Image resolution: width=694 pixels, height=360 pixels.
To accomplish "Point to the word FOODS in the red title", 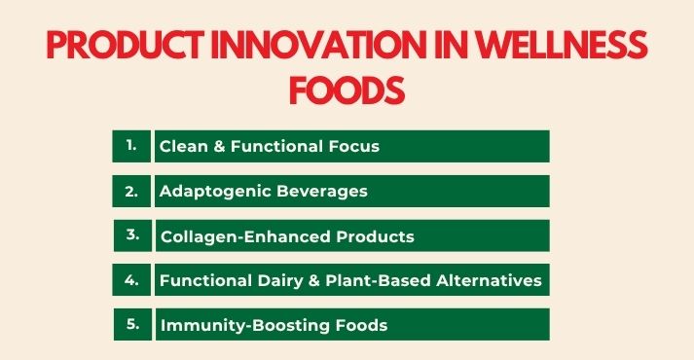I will click(347, 91).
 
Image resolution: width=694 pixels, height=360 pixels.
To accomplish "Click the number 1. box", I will click(131, 146).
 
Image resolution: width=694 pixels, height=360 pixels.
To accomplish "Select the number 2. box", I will click(131, 191).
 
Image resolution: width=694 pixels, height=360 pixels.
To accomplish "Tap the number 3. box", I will click(131, 235).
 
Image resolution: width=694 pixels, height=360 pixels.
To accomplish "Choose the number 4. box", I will click(131, 280).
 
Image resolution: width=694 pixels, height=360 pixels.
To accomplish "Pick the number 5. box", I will click(131, 324).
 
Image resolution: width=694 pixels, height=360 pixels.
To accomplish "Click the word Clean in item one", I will click(183, 147).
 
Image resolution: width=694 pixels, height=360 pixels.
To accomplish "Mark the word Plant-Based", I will click(375, 280).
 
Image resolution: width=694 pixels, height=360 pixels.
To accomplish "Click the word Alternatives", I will click(488, 280).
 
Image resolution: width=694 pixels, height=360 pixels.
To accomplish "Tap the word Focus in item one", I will click(351, 147).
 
